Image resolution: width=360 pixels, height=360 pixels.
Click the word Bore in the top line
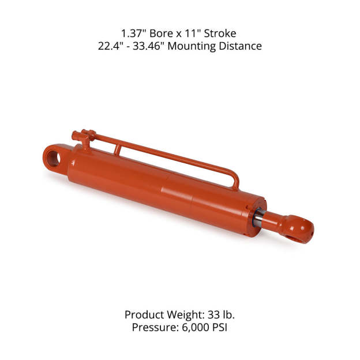(x=162, y=33)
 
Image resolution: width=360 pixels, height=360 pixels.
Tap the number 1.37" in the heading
(x=134, y=33)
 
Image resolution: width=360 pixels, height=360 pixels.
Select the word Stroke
(x=220, y=33)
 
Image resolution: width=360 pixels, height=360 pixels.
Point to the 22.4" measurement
(x=111, y=46)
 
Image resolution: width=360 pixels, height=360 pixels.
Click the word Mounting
(x=192, y=46)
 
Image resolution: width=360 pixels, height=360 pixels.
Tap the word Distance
(x=240, y=46)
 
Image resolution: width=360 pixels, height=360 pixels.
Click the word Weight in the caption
(x=186, y=315)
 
